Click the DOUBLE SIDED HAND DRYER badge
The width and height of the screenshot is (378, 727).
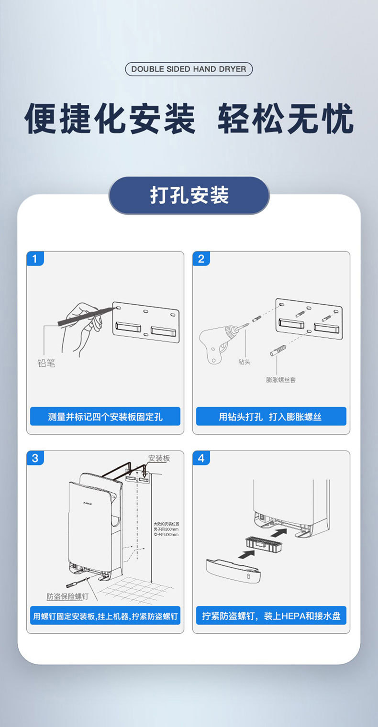pyautogui.click(x=189, y=69)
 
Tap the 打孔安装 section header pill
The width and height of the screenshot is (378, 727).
pyautogui.click(x=189, y=195)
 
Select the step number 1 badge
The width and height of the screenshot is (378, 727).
pyautogui.click(x=34, y=259)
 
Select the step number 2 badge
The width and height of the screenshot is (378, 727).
pyautogui.click(x=201, y=259)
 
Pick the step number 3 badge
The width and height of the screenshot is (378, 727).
pyautogui.click(x=34, y=458)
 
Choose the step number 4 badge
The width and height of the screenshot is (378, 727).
pyautogui.click(x=201, y=458)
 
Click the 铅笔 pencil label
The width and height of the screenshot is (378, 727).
pyautogui.click(x=46, y=363)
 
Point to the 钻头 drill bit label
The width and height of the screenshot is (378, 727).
pyautogui.click(x=245, y=362)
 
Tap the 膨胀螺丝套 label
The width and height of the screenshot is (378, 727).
pyautogui.click(x=281, y=380)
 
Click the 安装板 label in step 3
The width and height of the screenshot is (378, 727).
pyautogui.click(x=159, y=458)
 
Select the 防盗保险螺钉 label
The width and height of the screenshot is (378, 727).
pyautogui.click(x=67, y=596)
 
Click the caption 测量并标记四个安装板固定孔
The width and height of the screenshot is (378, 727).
pyautogui.click(x=105, y=417)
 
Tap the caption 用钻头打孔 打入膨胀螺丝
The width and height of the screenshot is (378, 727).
pyautogui.click(x=271, y=417)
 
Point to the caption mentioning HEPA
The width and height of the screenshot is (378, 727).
pyautogui.click(x=271, y=616)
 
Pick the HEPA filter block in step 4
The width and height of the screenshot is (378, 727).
pyautogui.click(x=263, y=543)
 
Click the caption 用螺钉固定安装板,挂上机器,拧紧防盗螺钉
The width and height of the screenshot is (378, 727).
pyautogui.click(x=105, y=616)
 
